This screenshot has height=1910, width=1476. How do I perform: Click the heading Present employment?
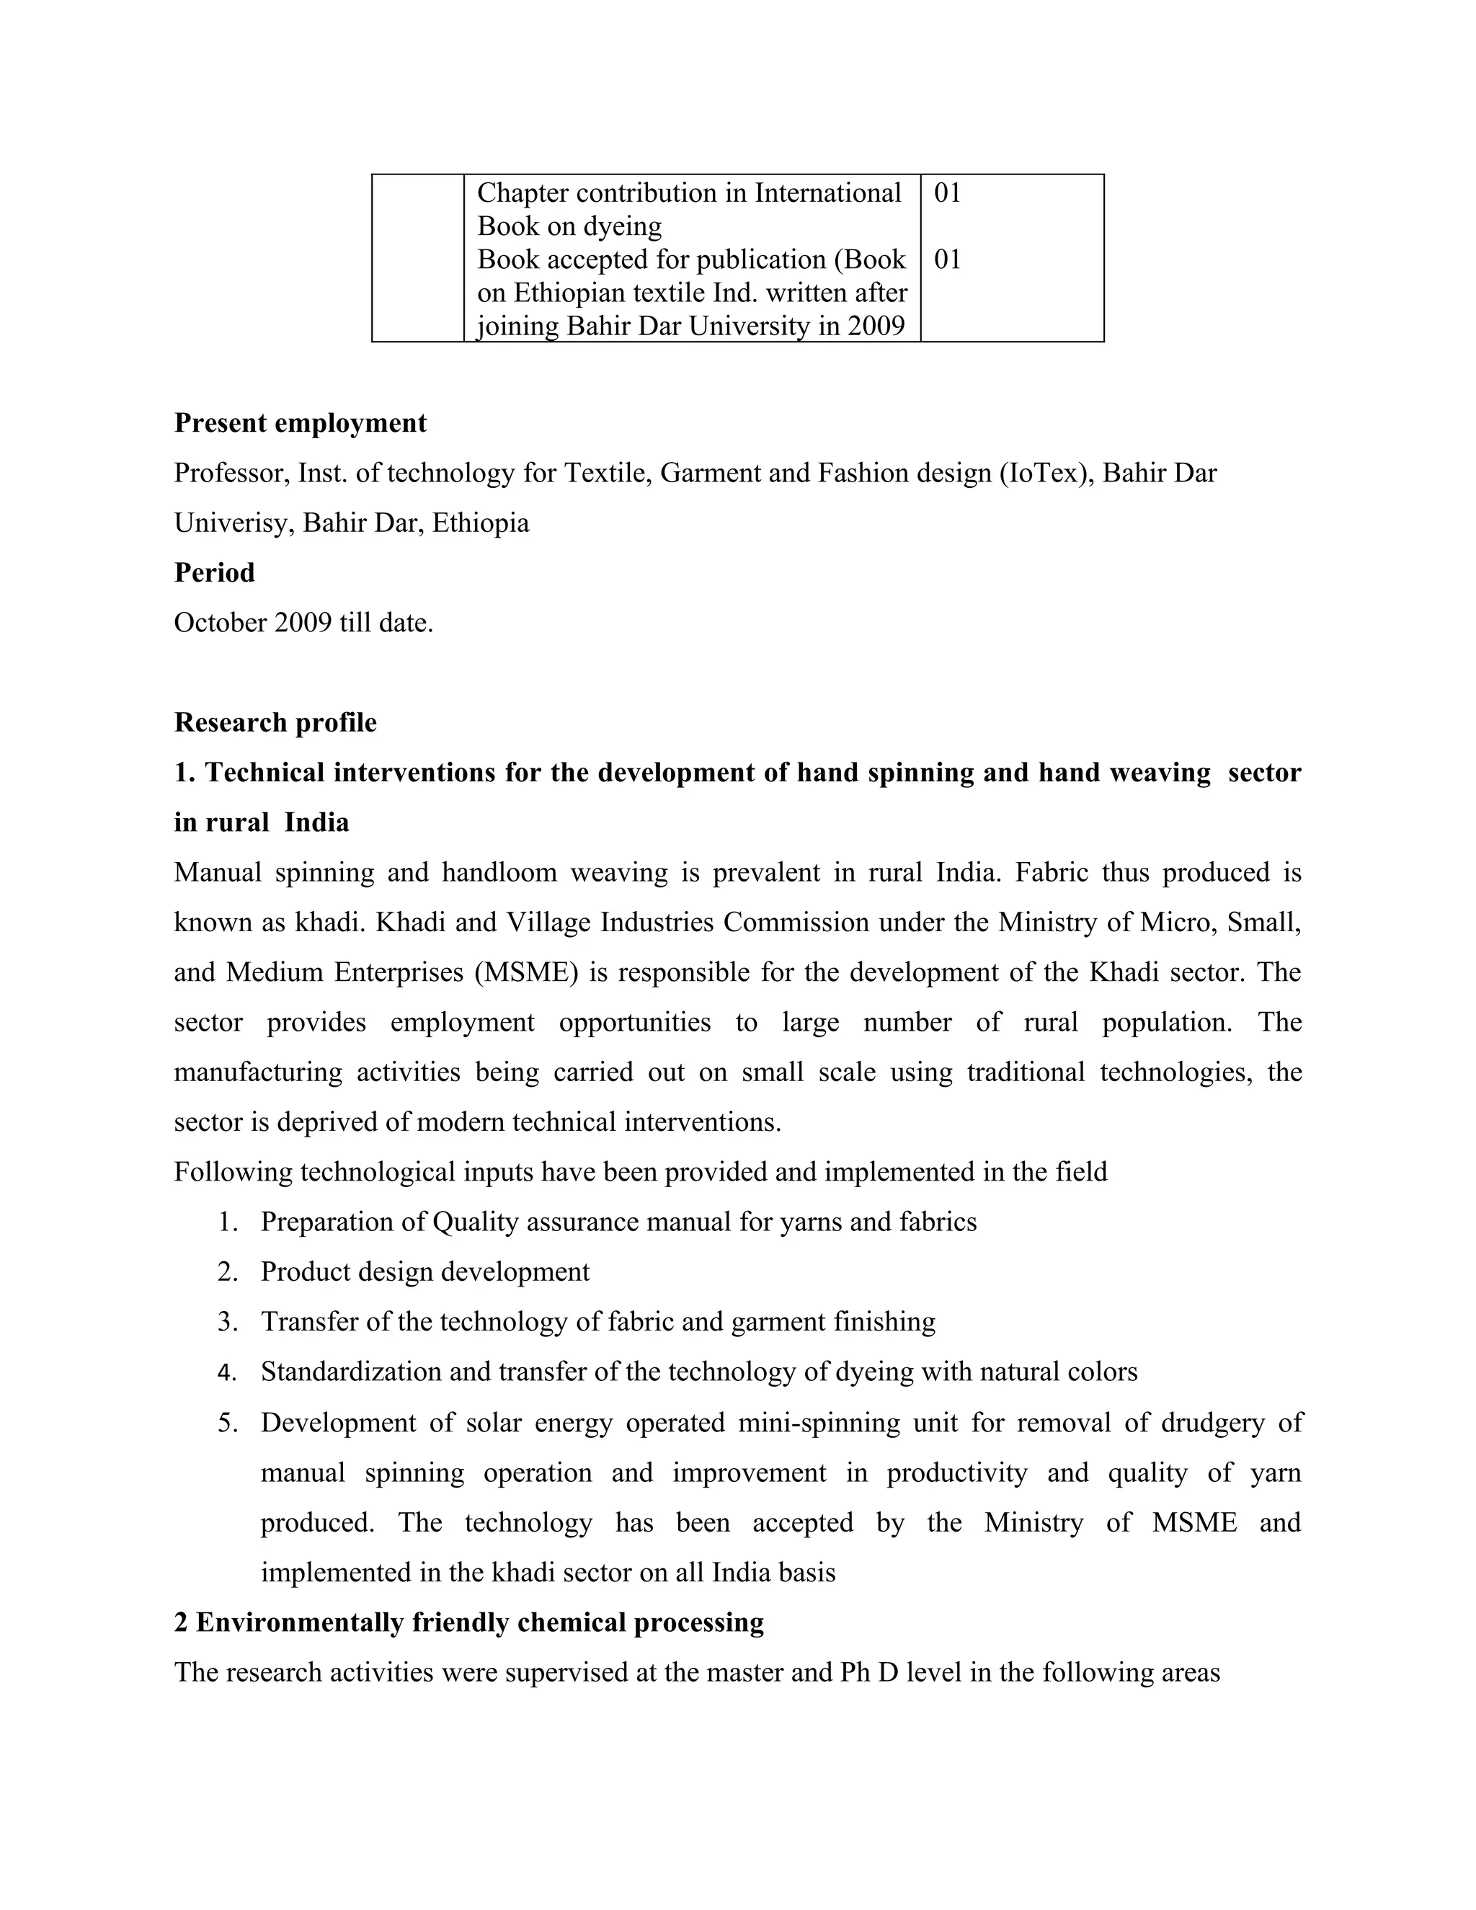tap(300, 423)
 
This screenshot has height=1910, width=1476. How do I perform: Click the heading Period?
tap(214, 573)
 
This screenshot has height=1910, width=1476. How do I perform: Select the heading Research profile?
tap(275, 722)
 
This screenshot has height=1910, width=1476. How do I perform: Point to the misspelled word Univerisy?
tap(234, 523)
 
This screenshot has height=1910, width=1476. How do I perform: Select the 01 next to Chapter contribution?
tap(947, 193)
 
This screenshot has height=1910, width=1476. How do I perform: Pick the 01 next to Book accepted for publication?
tap(947, 259)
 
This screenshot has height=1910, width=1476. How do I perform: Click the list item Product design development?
tap(425, 1271)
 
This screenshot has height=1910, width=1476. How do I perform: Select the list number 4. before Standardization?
tap(227, 1372)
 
